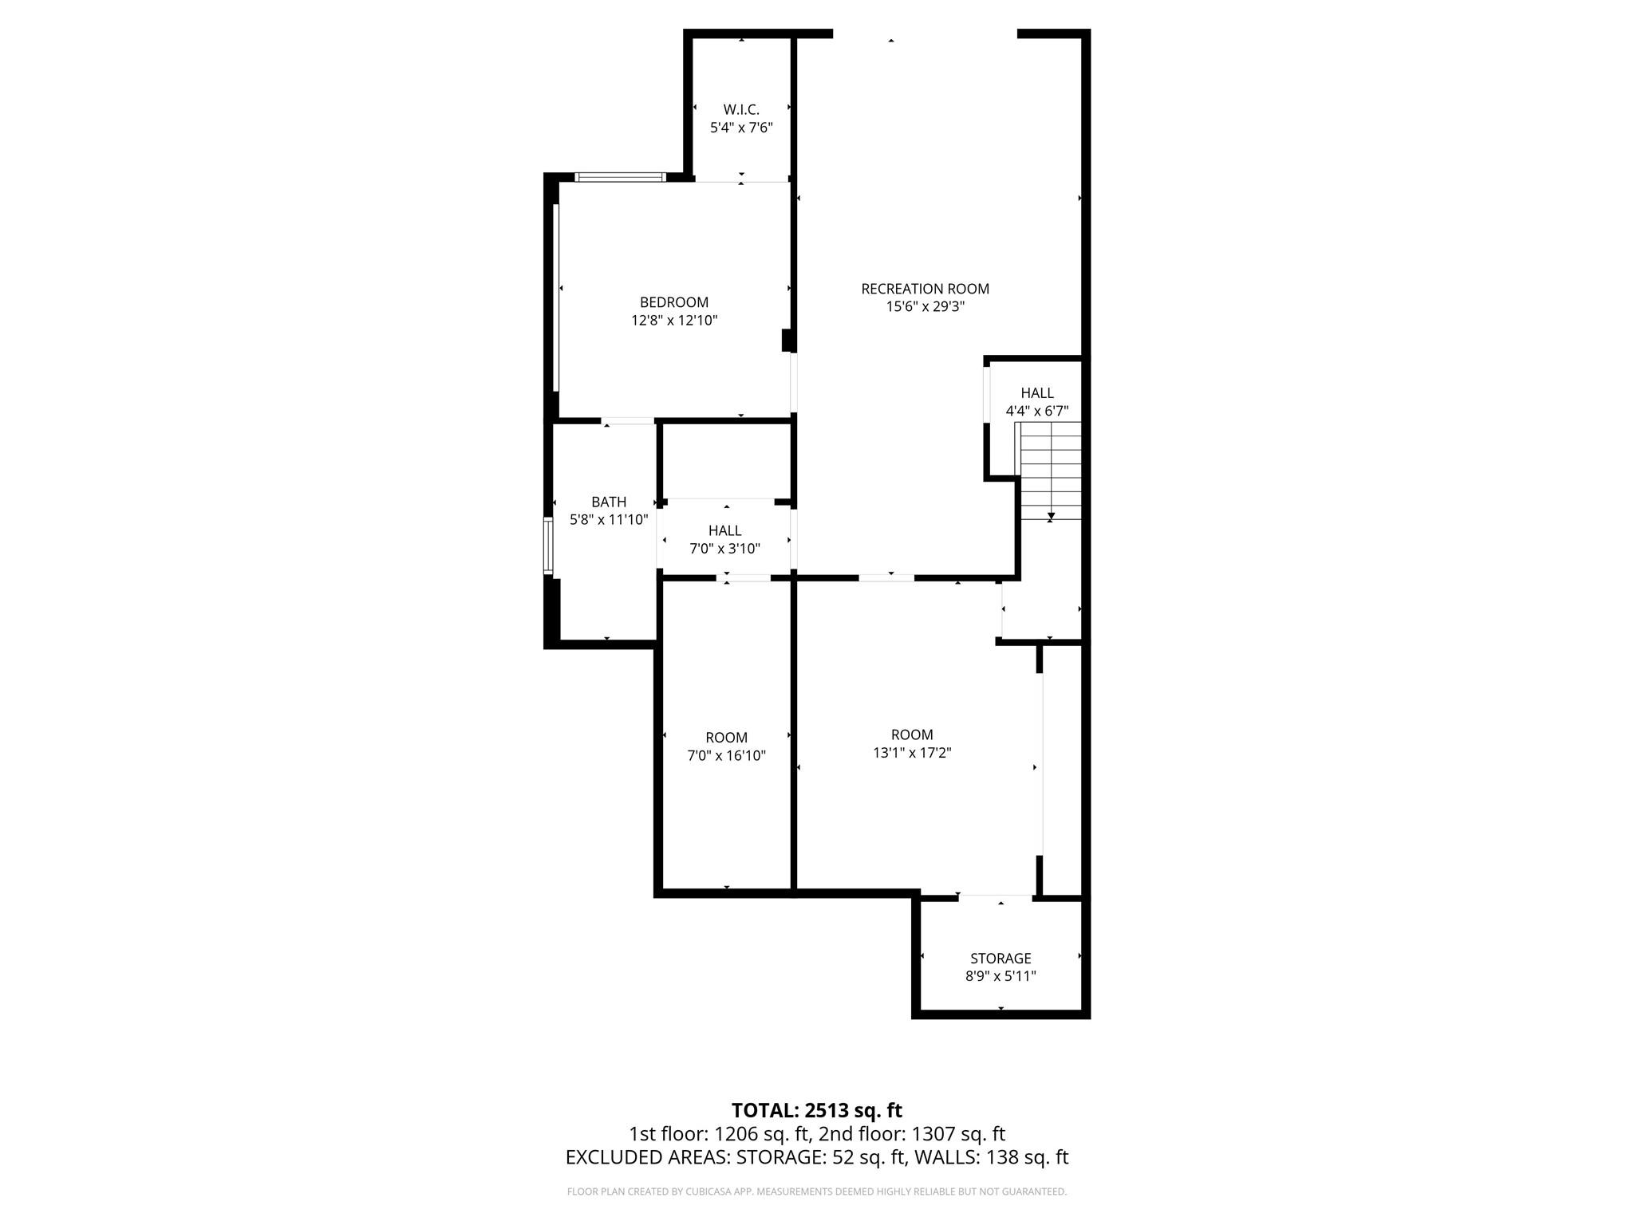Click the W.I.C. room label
tap(741, 110)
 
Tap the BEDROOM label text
tap(674, 302)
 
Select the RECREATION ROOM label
tap(925, 289)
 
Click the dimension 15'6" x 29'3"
tap(925, 307)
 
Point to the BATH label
tap(609, 502)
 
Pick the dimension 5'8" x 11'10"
tap(609, 520)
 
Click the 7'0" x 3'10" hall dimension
tap(724, 549)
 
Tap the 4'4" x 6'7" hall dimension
tap(1036, 412)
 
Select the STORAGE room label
tap(1001, 958)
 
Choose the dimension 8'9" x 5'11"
tap(1001, 976)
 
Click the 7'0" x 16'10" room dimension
tap(726, 756)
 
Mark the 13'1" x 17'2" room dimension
tap(912, 753)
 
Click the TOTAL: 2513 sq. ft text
tap(816, 1110)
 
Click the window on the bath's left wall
tap(548, 546)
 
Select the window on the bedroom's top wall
tap(621, 177)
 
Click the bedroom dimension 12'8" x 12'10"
tap(674, 321)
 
